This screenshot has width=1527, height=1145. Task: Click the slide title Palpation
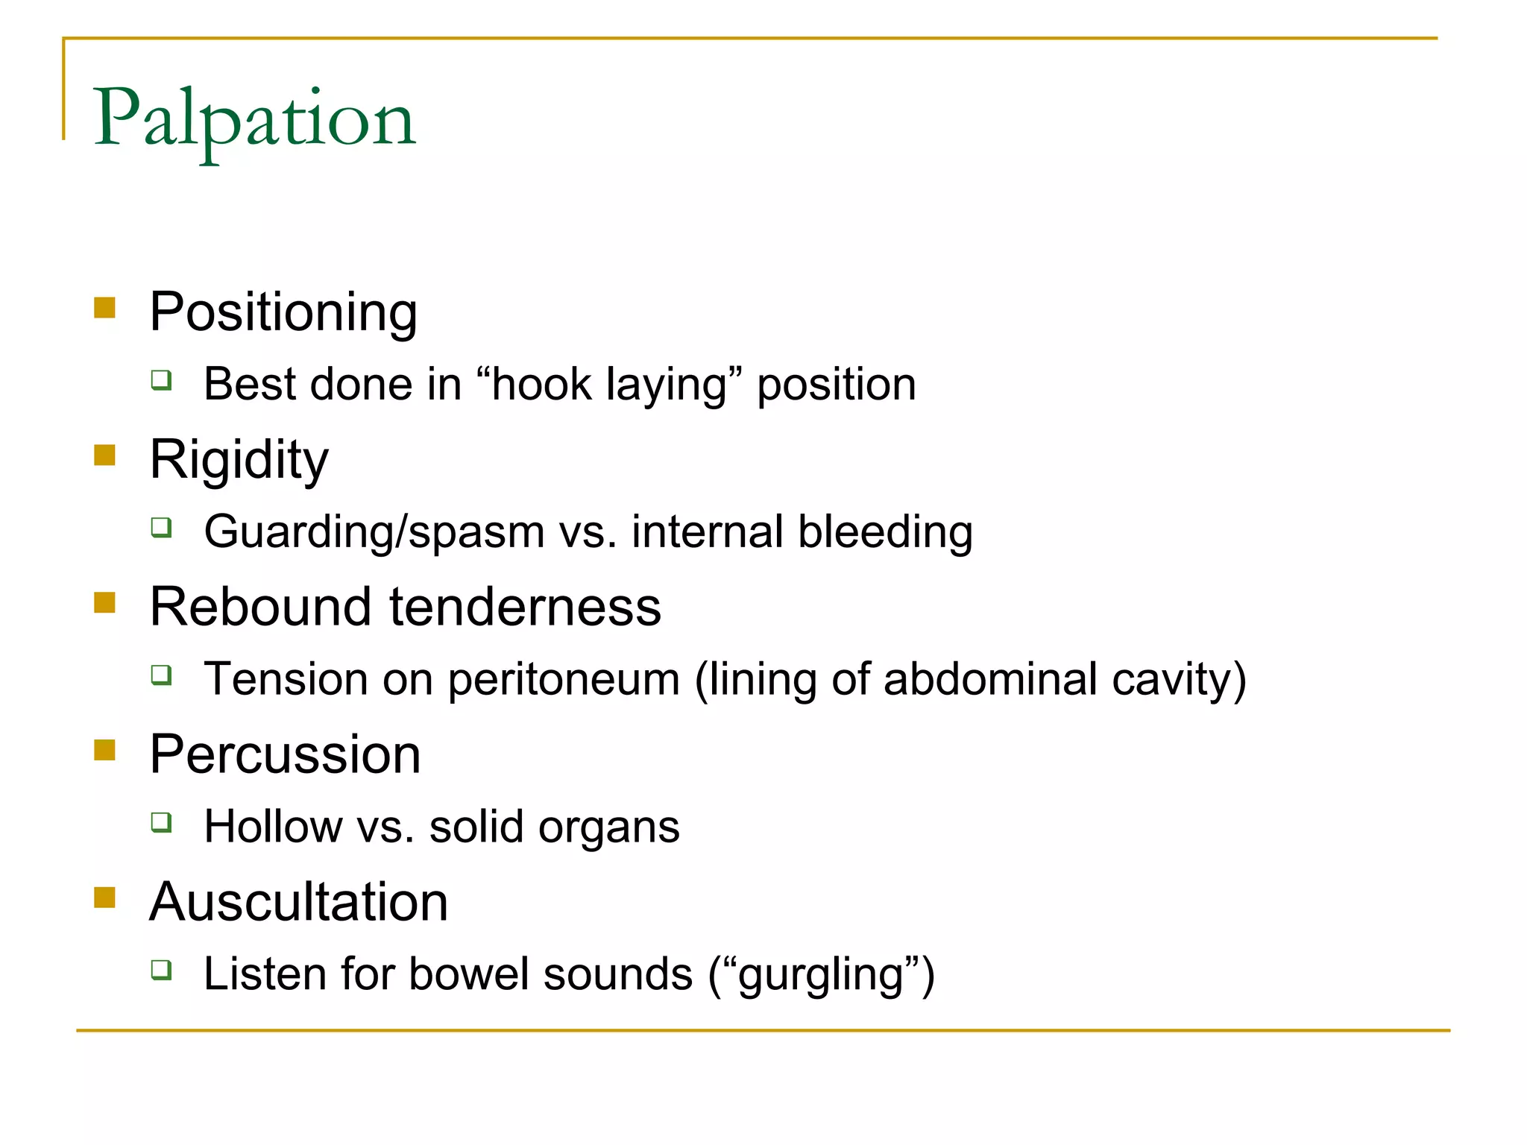click(x=254, y=119)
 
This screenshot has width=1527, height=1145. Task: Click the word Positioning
click(x=283, y=312)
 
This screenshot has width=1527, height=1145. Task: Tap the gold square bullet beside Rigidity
click(x=105, y=455)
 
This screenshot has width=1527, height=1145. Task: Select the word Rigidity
click(x=239, y=460)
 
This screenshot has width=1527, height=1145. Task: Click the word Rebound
click(x=260, y=607)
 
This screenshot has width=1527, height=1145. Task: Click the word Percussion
click(x=285, y=754)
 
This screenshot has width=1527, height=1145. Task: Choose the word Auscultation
click(x=298, y=902)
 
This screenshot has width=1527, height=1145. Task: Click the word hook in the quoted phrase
click(x=541, y=385)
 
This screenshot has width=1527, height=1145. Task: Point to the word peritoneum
click(x=564, y=680)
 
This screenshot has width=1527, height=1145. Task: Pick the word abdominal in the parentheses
click(x=990, y=680)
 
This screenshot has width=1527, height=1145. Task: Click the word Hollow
click(x=273, y=827)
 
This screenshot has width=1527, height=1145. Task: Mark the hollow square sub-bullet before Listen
click(x=161, y=970)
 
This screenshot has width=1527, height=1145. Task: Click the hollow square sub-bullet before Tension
click(x=161, y=675)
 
